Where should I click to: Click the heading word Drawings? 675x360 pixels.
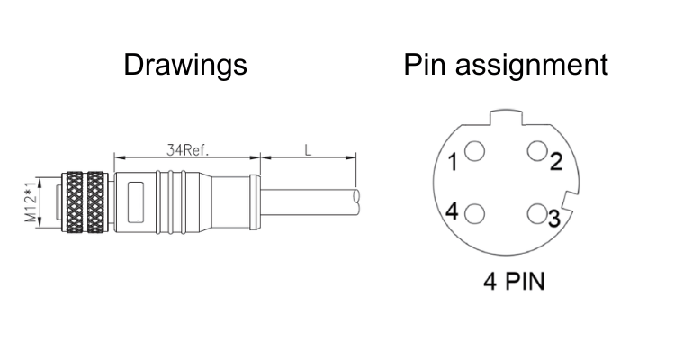[184, 65]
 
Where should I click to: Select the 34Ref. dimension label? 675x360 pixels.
[187, 150]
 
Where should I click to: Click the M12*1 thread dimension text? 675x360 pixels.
[30, 202]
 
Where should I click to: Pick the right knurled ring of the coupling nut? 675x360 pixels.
[95, 202]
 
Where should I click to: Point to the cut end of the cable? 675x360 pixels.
[358, 195]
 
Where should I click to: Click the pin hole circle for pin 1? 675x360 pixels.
[476, 151]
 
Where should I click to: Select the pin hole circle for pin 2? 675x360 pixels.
[537, 151]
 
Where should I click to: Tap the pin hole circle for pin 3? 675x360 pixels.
[537, 213]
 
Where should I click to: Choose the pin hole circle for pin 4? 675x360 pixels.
[476, 213]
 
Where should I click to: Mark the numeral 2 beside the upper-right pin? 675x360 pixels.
[556, 162]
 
